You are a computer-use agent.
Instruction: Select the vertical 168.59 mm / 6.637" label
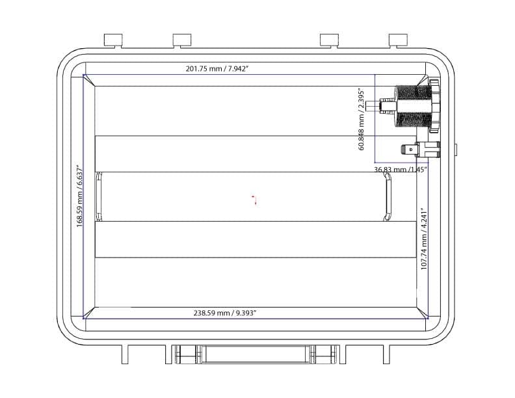click(80, 196)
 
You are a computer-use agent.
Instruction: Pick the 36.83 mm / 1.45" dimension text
click(400, 170)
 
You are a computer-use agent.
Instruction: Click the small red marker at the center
click(255, 199)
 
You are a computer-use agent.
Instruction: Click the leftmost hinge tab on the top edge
click(113, 40)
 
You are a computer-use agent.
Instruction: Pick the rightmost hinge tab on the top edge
click(397, 40)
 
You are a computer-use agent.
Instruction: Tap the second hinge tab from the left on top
click(182, 40)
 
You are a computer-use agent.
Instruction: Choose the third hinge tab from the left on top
click(329, 40)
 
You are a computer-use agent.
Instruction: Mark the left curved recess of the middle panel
click(99, 196)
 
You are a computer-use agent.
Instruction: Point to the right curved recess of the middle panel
click(386, 200)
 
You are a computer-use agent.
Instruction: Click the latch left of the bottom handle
click(187, 354)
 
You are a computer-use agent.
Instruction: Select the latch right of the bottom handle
click(323, 354)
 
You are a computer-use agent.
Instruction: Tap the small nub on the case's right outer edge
click(455, 150)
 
